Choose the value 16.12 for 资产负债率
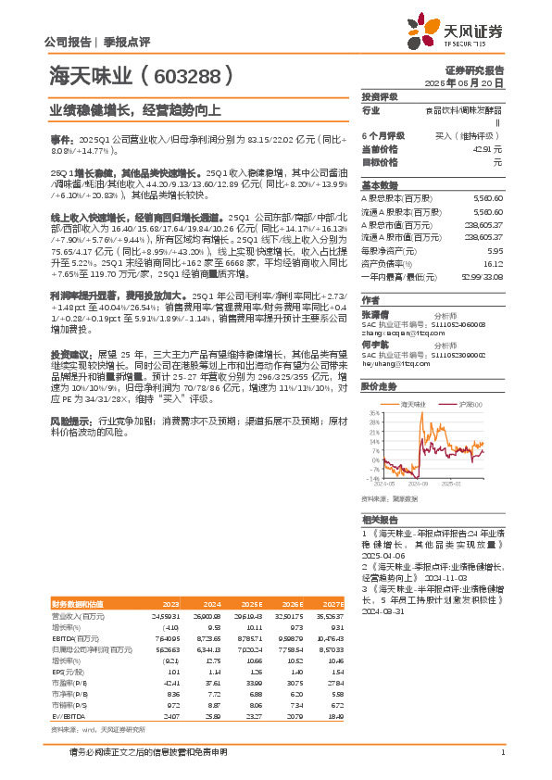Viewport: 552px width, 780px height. tap(495, 263)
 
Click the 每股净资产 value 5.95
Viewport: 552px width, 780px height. tap(496, 250)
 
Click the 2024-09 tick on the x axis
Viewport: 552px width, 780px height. tap(418, 484)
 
